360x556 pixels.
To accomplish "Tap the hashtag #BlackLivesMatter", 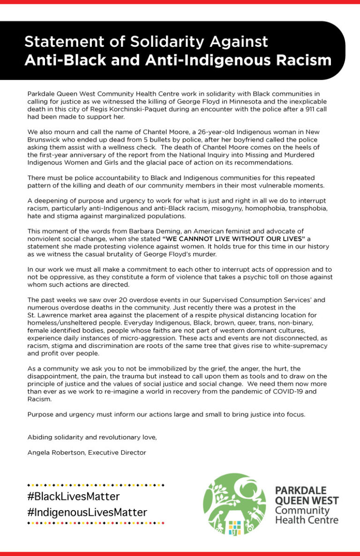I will click(x=74, y=496).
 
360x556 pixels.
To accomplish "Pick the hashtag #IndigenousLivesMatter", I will click(x=87, y=512).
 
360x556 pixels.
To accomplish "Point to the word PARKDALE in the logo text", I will click(x=300, y=490).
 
